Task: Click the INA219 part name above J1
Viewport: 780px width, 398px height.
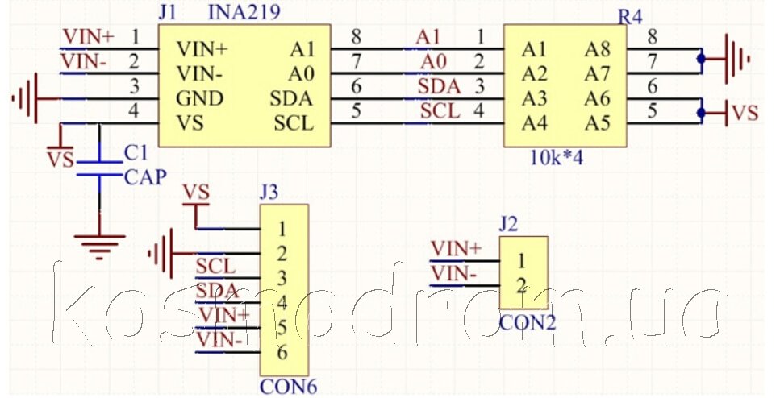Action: [244, 11]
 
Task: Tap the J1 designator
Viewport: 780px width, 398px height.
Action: [168, 12]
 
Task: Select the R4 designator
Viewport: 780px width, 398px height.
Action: [630, 17]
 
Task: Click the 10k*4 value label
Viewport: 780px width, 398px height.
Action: [557, 158]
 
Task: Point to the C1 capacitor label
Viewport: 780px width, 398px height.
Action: [136, 153]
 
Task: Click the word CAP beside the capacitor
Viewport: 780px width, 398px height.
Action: [145, 177]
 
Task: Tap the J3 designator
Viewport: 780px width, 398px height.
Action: [269, 193]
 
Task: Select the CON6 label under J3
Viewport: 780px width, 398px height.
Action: [289, 387]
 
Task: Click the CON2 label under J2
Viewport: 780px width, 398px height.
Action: [528, 323]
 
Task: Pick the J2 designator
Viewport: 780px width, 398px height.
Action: [508, 224]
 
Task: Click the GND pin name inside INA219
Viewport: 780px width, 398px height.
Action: [199, 98]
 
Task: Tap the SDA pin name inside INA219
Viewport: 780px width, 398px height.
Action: [291, 98]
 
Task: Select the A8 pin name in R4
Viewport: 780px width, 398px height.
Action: [597, 49]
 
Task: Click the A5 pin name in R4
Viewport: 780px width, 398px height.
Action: [597, 122]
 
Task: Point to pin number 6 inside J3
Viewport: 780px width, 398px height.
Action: [282, 352]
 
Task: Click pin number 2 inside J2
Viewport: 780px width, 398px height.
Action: [521, 286]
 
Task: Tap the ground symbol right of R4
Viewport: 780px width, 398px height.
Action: [736, 59]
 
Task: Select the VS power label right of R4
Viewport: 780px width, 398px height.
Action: [745, 113]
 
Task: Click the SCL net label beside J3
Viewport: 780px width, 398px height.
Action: [215, 267]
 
